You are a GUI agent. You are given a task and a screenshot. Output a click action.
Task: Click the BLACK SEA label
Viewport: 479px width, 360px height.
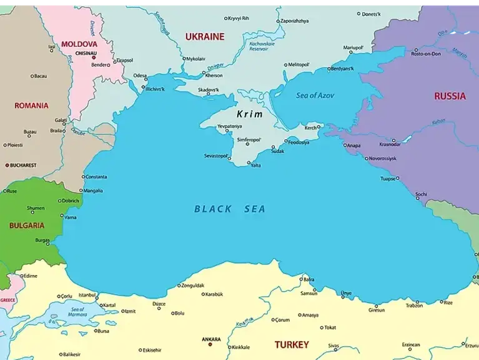(x=229, y=209)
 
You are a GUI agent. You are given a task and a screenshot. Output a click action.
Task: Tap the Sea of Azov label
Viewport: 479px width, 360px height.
(x=315, y=96)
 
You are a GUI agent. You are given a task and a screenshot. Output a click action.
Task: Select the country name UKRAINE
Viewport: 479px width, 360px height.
(x=204, y=37)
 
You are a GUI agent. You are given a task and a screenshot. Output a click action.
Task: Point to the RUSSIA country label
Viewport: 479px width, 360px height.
(x=450, y=96)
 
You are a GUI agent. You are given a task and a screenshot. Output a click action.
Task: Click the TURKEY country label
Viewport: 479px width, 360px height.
(x=292, y=344)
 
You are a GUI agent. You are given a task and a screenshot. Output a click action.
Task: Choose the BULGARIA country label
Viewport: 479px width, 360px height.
(x=26, y=225)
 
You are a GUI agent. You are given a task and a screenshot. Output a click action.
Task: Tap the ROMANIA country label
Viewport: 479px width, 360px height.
(x=31, y=106)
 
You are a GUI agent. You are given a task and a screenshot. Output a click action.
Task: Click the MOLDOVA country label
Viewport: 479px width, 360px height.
(x=79, y=44)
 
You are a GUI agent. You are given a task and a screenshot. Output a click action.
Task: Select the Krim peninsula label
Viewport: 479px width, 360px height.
(x=250, y=114)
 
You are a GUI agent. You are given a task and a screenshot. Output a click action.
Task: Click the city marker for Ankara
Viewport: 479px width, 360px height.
(x=210, y=344)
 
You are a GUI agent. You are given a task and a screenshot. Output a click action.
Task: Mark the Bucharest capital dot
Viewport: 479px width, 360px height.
(x=7, y=166)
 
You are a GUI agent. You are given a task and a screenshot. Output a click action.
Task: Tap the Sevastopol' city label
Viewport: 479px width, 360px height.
(x=216, y=155)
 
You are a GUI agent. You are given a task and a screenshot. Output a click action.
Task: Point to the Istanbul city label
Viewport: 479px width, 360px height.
(x=87, y=294)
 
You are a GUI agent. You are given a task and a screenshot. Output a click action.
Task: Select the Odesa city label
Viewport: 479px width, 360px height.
(x=140, y=76)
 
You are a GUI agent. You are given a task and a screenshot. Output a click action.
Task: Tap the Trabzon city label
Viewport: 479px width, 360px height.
(x=414, y=306)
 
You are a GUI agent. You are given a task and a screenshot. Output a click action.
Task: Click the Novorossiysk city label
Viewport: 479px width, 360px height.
(x=382, y=159)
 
